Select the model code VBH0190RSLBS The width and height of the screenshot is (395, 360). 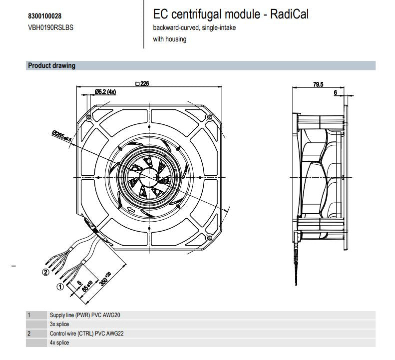[50, 27]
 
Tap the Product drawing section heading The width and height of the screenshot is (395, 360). [51, 65]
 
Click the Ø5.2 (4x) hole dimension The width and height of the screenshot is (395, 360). [105, 92]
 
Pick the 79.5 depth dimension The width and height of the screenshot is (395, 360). [318, 84]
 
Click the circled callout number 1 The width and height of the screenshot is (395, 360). [60, 287]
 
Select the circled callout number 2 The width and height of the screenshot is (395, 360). [46, 272]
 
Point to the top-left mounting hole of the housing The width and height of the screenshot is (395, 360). [88, 116]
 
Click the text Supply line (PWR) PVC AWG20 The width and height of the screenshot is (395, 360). [85, 315]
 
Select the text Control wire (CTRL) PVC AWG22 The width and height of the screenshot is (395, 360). [86, 333]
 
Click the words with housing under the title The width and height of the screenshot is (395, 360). [170, 39]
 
